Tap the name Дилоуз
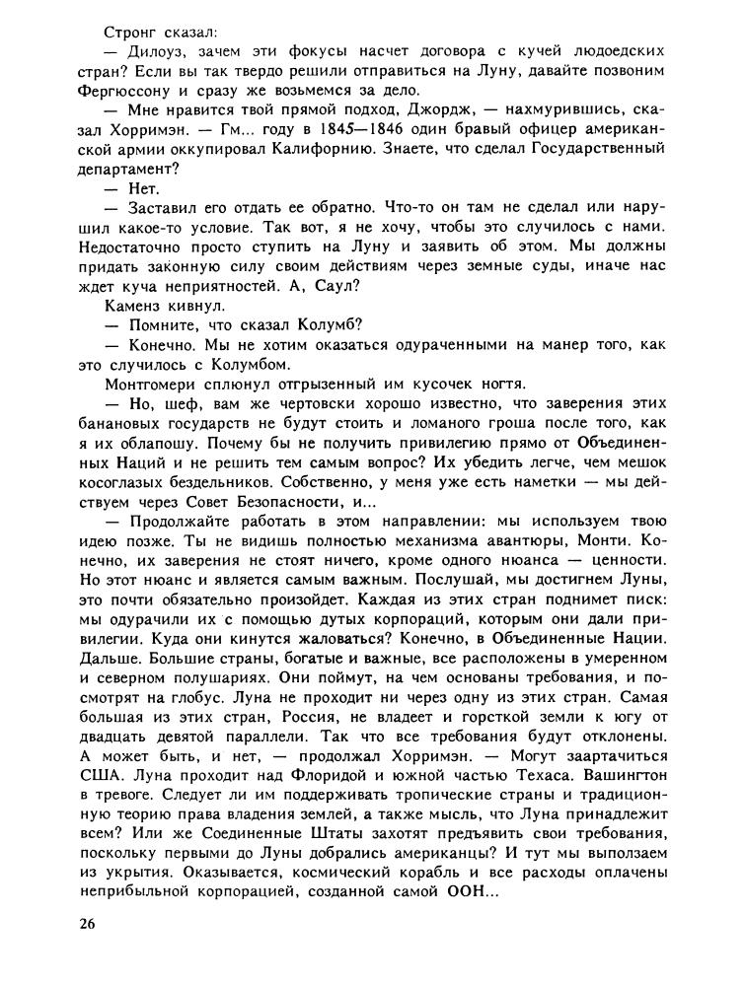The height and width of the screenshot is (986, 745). click(x=161, y=49)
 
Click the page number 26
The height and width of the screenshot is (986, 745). click(x=90, y=925)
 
